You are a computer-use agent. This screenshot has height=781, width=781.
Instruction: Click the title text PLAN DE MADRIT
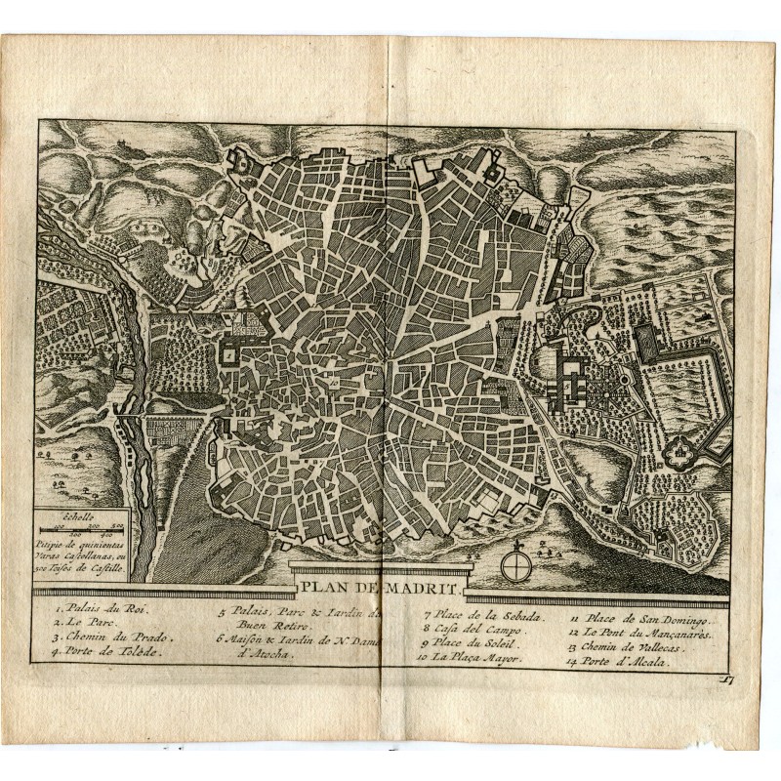coord(382,587)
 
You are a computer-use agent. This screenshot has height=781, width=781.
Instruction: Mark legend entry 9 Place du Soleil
coord(473,646)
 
